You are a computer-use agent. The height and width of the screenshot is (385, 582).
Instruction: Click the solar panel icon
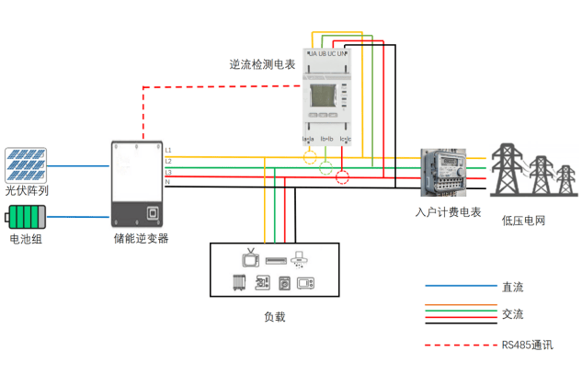(x=26, y=164)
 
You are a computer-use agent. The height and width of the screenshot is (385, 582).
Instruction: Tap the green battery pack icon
(x=26, y=218)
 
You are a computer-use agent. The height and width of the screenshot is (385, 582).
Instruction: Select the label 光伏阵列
(x=27, y=190)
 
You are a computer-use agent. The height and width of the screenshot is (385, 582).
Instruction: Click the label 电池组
(x=26, y=240)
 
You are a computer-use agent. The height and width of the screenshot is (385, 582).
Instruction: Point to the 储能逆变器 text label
(x=141, y=239)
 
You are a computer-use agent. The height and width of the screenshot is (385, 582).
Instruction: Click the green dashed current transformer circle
(x=326, y=167)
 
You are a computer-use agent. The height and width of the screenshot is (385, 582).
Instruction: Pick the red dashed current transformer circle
(x=343, y=176)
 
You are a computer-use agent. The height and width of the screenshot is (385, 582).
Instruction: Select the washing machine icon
(x=284, y=284)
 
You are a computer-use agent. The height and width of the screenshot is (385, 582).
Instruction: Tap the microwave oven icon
(x=306, y=284)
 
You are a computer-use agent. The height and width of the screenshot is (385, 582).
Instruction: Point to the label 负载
(x=274, y=317)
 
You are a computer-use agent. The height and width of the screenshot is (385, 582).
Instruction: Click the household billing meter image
(x=444, y=172)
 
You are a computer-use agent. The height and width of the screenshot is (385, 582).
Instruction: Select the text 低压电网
(x=524, y=221)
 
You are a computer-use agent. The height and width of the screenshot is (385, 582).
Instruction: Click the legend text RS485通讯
(x=527, y=345)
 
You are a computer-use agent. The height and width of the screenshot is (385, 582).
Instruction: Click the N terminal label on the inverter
(x=167, y=182)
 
